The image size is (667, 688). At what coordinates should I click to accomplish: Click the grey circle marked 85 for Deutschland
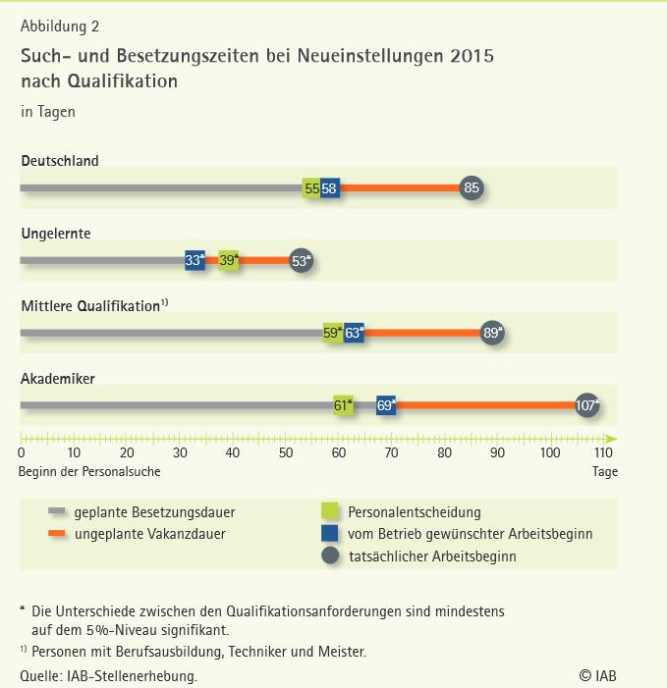[472, 188]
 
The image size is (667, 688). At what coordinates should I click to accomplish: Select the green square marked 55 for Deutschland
[311, 188]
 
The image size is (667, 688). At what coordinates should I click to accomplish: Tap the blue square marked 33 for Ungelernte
[195, 260]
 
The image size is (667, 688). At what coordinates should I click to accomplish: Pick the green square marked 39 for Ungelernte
[229, 260]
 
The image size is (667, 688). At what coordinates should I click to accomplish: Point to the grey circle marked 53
[302, 260]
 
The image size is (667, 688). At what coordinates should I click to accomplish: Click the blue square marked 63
[354, 333]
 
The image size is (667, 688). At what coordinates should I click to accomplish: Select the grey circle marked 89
[492, 333]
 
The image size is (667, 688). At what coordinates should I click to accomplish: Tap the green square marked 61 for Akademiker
[343, 404]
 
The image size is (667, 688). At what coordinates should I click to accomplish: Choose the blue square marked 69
[386, 404]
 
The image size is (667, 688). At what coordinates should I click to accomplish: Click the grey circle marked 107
[587, 404]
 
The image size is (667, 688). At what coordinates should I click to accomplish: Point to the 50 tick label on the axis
[286, 453]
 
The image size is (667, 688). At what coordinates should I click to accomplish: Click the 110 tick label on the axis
[603, 453]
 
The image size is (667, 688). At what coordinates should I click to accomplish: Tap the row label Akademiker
[58, 378]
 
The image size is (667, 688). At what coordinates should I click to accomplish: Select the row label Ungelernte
[56, 234]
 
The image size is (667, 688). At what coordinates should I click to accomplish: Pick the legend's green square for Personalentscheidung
[330, 511]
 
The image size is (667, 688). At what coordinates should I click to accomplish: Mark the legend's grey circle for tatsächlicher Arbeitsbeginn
[330, 556]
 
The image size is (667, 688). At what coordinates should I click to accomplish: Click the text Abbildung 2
[59, 26]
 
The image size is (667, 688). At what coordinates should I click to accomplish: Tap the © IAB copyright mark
[598, 675]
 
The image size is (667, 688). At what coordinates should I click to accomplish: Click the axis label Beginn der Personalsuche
[89, 472]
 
